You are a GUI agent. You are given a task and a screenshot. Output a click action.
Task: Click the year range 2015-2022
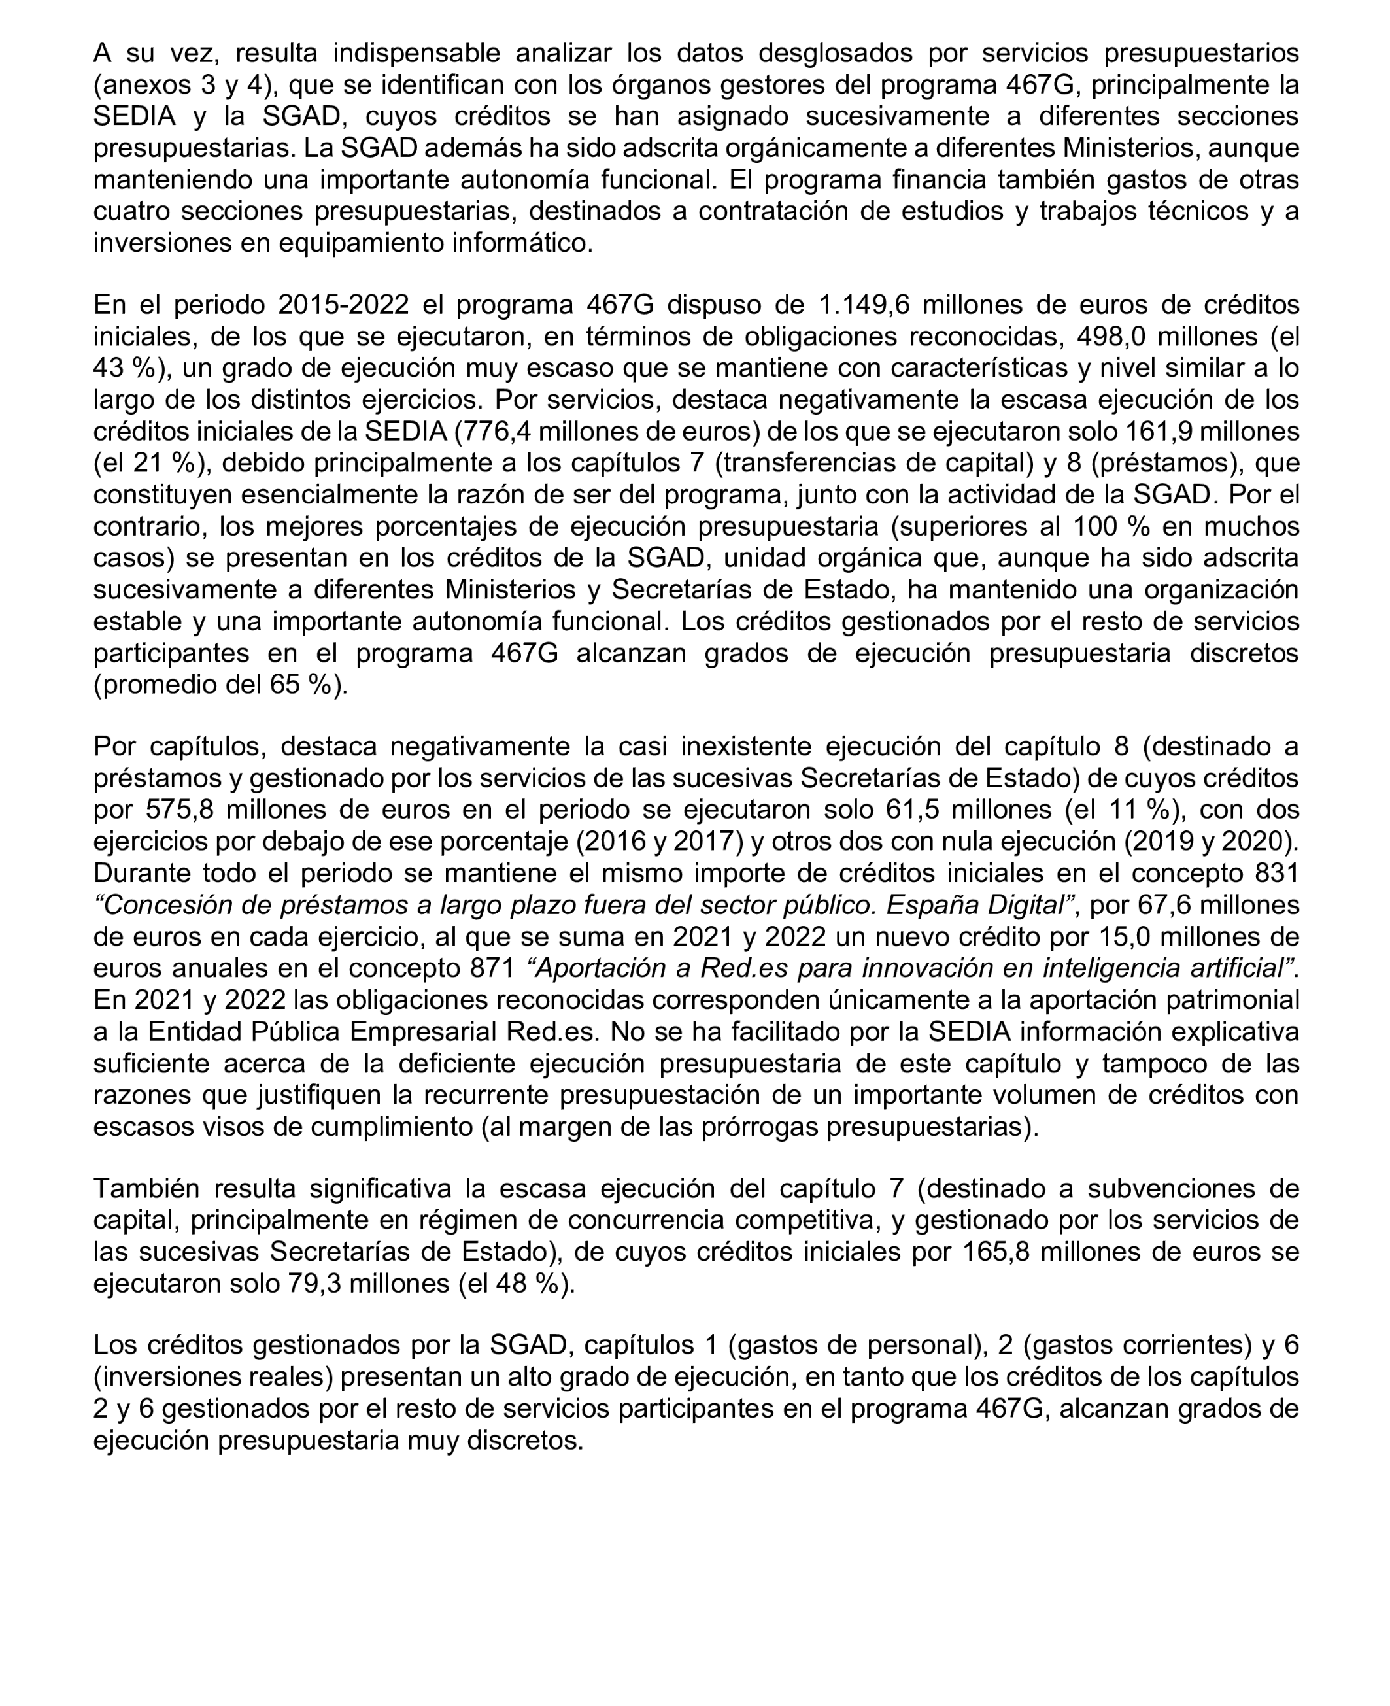[x=343, y=305]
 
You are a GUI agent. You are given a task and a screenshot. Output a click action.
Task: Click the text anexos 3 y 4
[x=178, y=85]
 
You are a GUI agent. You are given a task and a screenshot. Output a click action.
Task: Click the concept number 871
[x=492, y=968]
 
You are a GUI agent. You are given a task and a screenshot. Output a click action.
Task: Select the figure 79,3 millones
[x=367, y=1284]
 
